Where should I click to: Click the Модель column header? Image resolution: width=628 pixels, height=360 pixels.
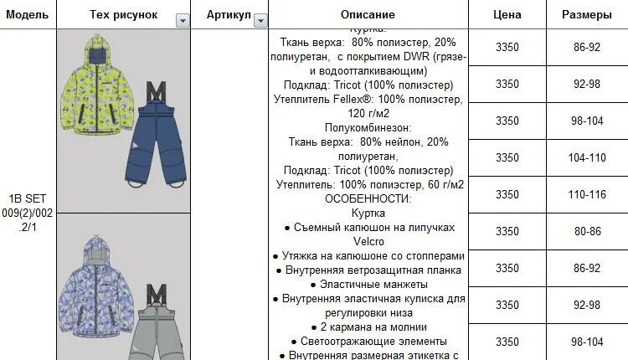click(28, 15)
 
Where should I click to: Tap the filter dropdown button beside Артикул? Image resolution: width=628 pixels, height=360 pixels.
click(260, 20)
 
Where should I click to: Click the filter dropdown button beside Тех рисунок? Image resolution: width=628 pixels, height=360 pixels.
click(183, 20)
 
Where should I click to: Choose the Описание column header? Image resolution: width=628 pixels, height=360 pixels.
click(368, 15)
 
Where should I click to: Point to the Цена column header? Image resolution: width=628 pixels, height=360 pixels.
click(507, 15)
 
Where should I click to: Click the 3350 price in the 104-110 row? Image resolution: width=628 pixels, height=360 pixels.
click(507, 157)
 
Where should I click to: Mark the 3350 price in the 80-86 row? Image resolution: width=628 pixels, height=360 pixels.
click(507, 231)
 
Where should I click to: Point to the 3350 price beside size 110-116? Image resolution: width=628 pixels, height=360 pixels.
click(507, 194)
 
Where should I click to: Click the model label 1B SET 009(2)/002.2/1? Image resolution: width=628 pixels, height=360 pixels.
click(28, 213)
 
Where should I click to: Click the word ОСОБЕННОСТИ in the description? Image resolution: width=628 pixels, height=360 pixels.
click(368, 198)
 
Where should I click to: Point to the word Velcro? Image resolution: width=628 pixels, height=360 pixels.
click(368, 241)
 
